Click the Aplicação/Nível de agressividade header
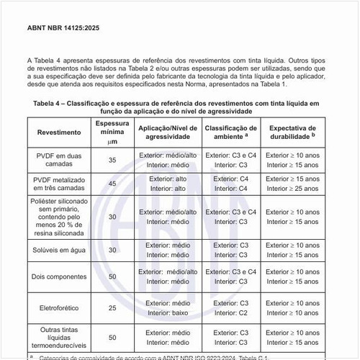coord(167,132)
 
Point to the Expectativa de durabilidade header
coord(292,132)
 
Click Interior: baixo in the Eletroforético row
coord(167,313)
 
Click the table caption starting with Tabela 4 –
coord(176,108)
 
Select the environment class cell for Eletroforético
coord(233,308)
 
